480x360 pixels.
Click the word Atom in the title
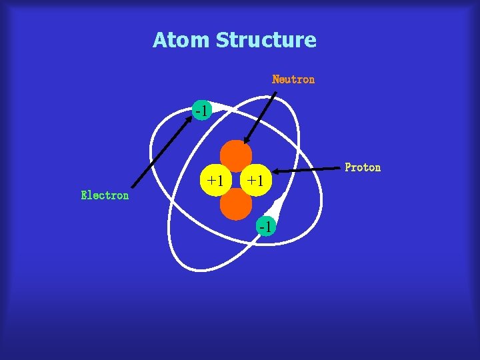pyautogui.click(x=181, y=40)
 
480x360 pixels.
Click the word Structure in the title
pyautogui.click(x=266, y=40)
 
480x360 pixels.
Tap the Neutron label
pyautogui.click(x=293, y=79)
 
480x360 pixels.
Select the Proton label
pyautogui.click(x=363, y=167)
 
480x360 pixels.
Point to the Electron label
pyautogui.click(x=105, y=195)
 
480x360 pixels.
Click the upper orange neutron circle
pyautogui.click(x=236, y=155)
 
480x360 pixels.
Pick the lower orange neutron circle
pyautogui.click(x=236, y=204)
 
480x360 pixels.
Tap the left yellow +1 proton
pyautogui.click(x=215, y=180)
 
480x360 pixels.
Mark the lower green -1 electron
pyautogui.click(x=265, y=227)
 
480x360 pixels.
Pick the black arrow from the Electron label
pyautogui.click(x=161, y=149)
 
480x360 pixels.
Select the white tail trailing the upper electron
pyautogui.click(x=219, y=105)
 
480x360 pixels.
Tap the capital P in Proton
pyautogui.click(x=348, y=167)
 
